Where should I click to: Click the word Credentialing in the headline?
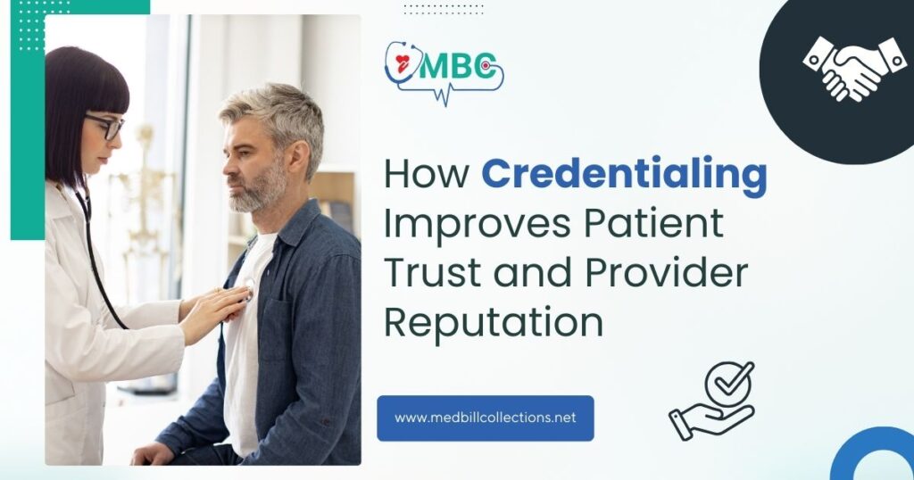tap(624, 175)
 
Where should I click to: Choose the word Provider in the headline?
tap(666, 271)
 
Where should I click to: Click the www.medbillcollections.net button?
tap(485, 418)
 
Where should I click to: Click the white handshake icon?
tap(854, 68)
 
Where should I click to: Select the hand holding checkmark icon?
tap(712, 401)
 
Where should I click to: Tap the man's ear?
tap(297, 158)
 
